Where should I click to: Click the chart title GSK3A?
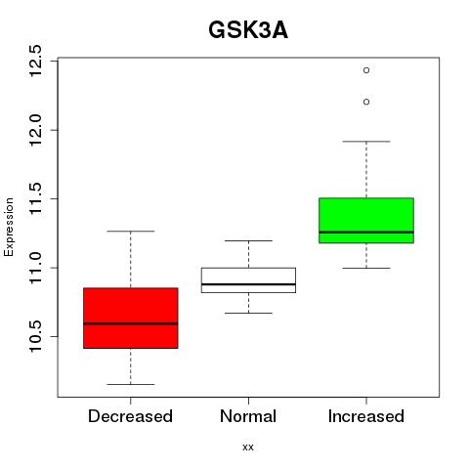[x=248, y=30]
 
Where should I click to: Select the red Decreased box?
[x=131, y=318]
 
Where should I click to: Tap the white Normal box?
[x=248, y=280]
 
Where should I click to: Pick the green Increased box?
[x=366, y=220]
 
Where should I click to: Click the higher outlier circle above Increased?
[x=366, y=70]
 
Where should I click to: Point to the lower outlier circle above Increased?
[x=366, y=102]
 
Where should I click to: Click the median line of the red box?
[x=131, y=323]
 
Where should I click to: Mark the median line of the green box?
[x=366, y=233]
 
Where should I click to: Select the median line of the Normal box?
[x=248, y=284]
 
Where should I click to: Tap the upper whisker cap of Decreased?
[x=131, y=232]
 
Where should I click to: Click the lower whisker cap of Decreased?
[x=131, y=384]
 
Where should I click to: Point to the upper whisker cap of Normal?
[x=248, y=240]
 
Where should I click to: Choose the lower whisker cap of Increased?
[x=366, y=268]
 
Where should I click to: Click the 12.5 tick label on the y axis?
[x=35, y=62]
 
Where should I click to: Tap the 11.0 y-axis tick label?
[x=35, y=268]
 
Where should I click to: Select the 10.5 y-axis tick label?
[x=35, y=337]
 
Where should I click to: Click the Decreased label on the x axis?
[x=130, y=416]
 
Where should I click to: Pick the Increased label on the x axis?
[x=366, y=416]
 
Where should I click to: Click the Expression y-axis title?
[x=9, y=227]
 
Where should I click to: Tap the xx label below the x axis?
[x=248, y=448]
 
